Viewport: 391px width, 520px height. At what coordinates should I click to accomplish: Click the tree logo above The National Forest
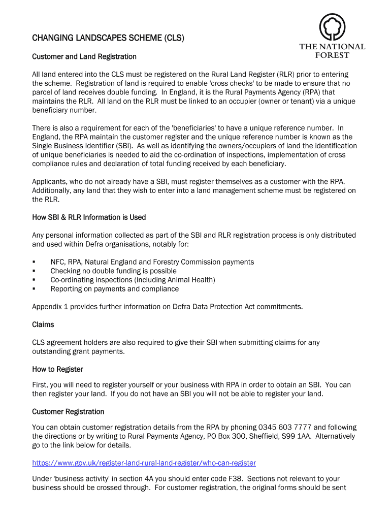[332, 26]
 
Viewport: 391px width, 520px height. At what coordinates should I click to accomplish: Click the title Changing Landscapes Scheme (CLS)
[108, 38]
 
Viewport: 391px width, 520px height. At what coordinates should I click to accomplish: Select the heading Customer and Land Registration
[84, 56]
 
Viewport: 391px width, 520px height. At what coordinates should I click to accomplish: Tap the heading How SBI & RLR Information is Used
[89, 217]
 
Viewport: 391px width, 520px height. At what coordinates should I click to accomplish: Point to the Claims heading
[43, 324]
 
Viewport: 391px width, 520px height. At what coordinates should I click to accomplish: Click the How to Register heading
[57, 369]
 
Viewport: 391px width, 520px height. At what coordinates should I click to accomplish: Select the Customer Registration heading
[68, 411]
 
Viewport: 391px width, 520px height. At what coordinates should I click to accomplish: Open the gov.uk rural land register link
[144, 463]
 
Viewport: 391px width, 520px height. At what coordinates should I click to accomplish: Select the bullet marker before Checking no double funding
[34, 271]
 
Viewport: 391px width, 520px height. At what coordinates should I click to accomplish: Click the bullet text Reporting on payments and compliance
[114, 289]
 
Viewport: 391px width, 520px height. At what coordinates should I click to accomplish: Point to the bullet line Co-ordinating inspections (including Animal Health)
[133, 280]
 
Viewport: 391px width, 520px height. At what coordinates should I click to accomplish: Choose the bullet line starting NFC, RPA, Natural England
[152, 262]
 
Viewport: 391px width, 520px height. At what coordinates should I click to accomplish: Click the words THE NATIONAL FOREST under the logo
[332, 51]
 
